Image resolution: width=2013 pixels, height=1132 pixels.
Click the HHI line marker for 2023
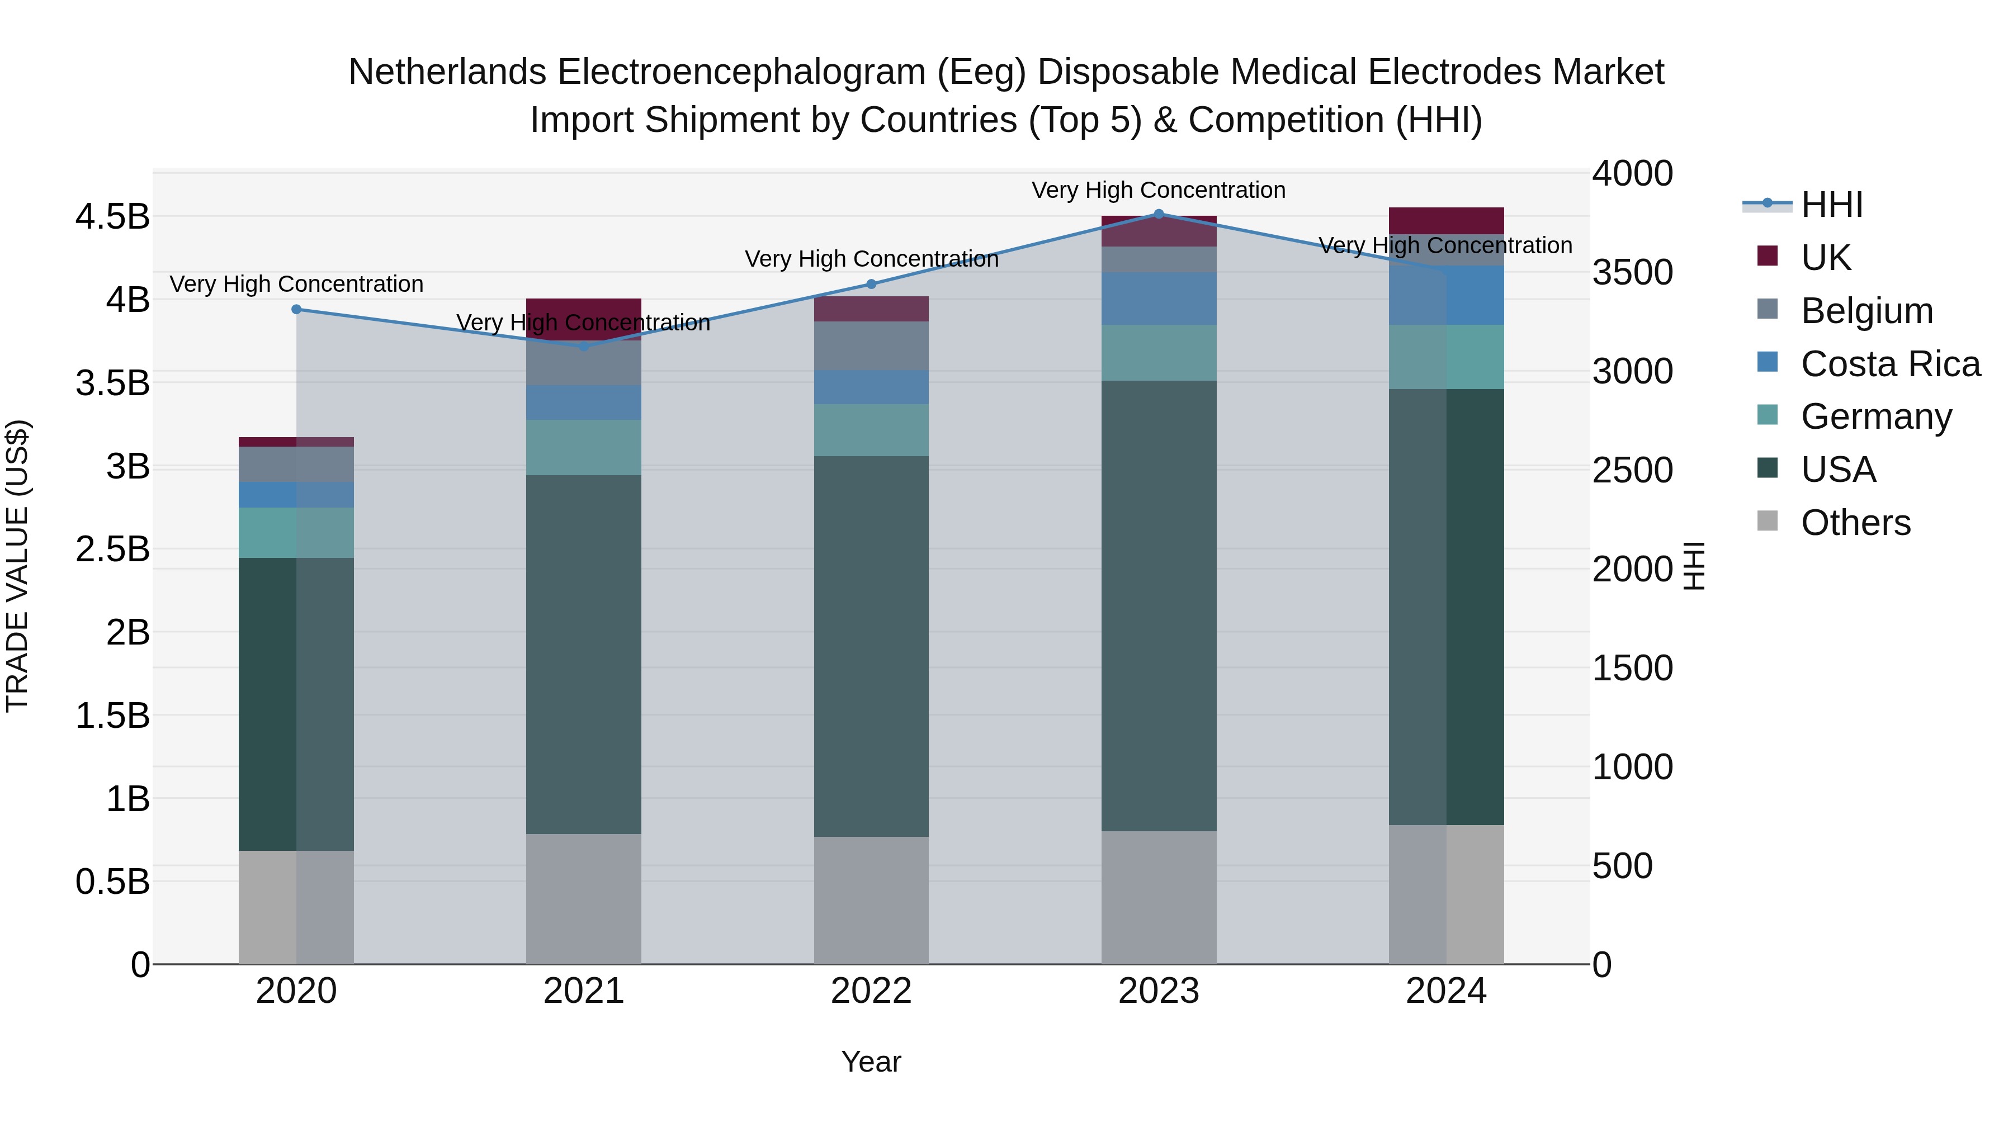tap(1159, 214)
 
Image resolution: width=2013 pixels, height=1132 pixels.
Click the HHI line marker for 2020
tap(296, 309)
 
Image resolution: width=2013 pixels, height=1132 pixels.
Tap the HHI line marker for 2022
tap(871, 285)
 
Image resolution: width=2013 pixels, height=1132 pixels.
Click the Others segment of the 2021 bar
tap(583, 898)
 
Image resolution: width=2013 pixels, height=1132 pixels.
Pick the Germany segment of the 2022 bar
tap(871, 430)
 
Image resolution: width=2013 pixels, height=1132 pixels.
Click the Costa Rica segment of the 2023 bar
tap(1159, 299)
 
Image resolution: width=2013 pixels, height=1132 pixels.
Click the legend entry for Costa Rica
tap(1889, 364)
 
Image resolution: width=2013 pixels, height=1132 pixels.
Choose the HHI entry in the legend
tap(1831, 205)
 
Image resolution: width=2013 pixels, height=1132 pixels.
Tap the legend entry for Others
tap(1855, 523)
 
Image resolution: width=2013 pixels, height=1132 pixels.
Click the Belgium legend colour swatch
tap(1767, 309)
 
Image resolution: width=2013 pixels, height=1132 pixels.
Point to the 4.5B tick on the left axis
tap(112, 216)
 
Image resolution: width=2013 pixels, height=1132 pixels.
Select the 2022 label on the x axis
tap(871, 991)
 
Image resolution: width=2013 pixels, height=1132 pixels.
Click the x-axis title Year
tap(871, 1062)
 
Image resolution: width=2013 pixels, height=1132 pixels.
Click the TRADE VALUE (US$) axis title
tap(17, 566)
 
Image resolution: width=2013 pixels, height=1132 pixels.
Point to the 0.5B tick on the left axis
tap(112, 882)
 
